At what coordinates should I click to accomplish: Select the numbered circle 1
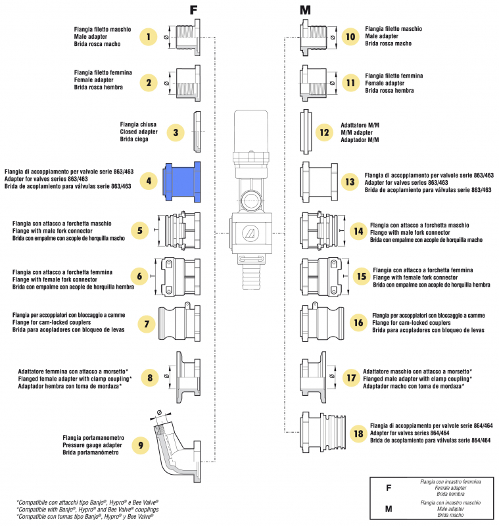[149, 37]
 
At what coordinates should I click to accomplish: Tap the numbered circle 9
[140, 445]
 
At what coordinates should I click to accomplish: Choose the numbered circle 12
[323, 132]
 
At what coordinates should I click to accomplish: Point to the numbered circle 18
[358, 433]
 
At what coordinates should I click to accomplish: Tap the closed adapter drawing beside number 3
[196, 131]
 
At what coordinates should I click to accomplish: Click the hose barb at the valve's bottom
[251, 274]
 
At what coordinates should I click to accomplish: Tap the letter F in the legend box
[389, 488]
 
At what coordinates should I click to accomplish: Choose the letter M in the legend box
[389, 509]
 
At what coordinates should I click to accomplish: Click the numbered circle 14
[358, 232]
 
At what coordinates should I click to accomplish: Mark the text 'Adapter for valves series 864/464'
[410, 433]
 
